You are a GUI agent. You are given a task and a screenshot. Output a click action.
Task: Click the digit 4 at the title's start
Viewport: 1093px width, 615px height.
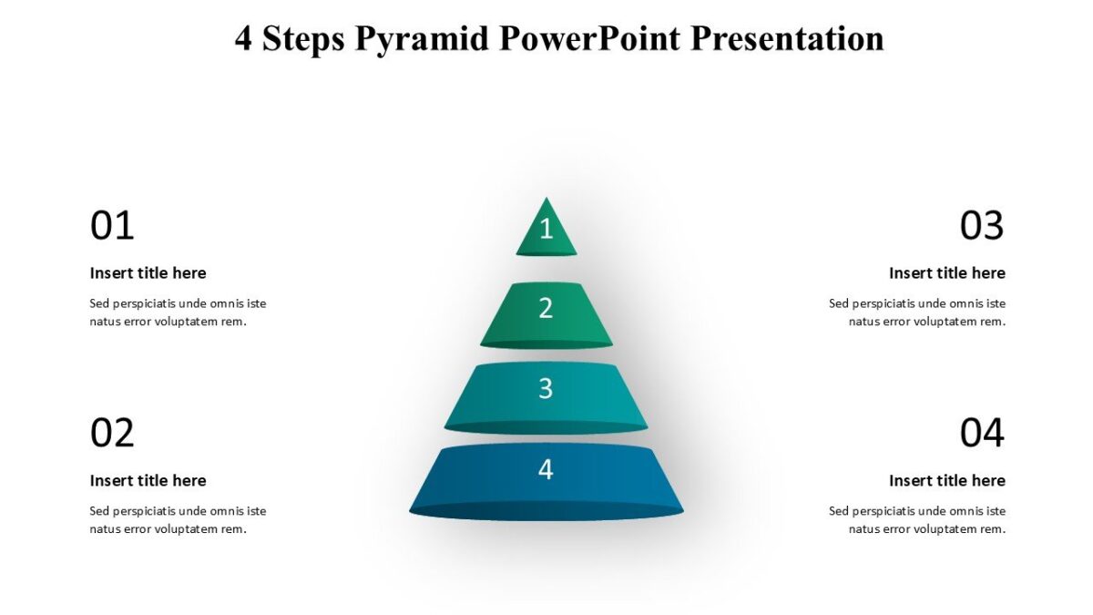click(x=243, y=39)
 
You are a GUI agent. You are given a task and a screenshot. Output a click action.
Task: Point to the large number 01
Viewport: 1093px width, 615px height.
click(x=112, y=226)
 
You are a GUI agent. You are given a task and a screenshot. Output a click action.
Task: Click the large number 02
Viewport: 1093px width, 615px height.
click(x=112, y=434)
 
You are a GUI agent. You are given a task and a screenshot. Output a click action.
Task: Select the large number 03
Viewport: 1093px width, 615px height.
click(x=982, y=226)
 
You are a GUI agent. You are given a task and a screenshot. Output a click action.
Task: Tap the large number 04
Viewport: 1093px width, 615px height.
click(x=982, y=434)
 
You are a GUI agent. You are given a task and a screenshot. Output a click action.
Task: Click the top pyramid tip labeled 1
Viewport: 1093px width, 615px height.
click(x=546, y=230)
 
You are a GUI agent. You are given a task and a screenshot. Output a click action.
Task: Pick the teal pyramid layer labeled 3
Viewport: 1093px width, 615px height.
click(x=546, y=395)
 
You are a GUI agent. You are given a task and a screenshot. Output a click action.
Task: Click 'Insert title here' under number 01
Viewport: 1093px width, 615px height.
click(x=148, y=273)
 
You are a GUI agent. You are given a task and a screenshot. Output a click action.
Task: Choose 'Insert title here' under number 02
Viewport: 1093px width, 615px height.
click(x=148, y=481)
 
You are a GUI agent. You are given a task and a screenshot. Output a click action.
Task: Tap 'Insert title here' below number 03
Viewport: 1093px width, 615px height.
click(x=947, y=273)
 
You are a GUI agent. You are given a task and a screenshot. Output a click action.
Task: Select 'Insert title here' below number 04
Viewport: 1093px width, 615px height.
click(x=947, y=481)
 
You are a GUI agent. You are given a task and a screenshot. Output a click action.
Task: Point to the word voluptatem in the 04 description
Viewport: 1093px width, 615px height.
click(x=947, y=529)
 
